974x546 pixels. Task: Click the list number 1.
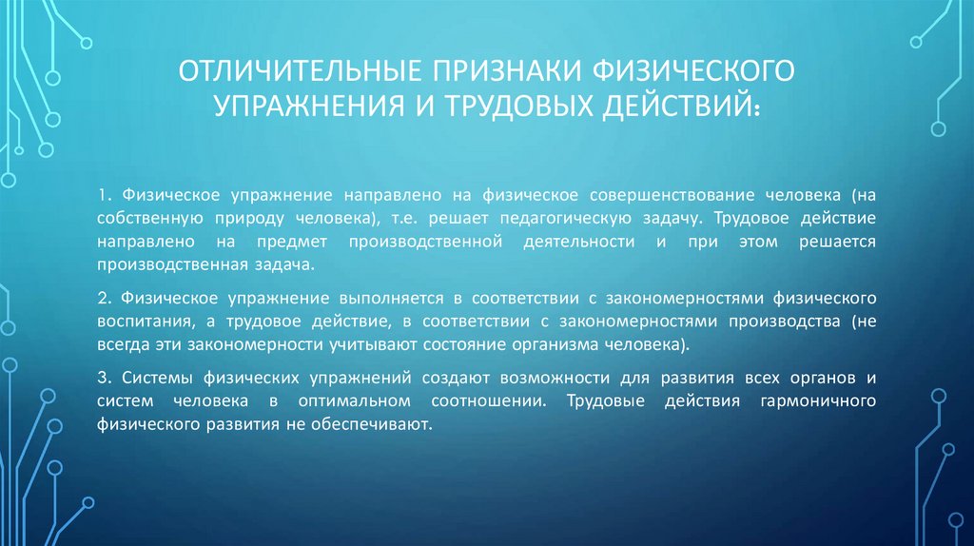pyautogui.click(x=102, y=195)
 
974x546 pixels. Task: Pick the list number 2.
pyautogui.click(x=102, y=298)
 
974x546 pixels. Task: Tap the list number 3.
pyautogui.click(x=102, y=378)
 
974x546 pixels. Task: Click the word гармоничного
pyautogui.click(x=818, y=400)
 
